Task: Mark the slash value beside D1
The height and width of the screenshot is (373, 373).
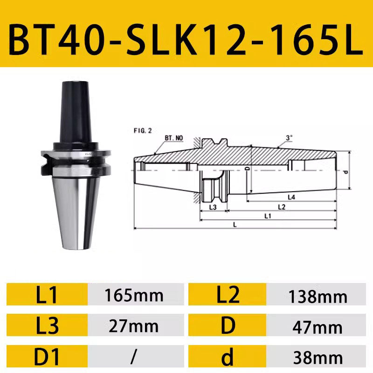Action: tap(134, 357)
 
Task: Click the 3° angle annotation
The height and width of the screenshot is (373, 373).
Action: tap(289, 138)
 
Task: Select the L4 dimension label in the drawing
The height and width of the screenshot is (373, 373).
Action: tap(291, 197)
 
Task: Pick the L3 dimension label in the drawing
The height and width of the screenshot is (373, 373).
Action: tap(213, 207)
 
